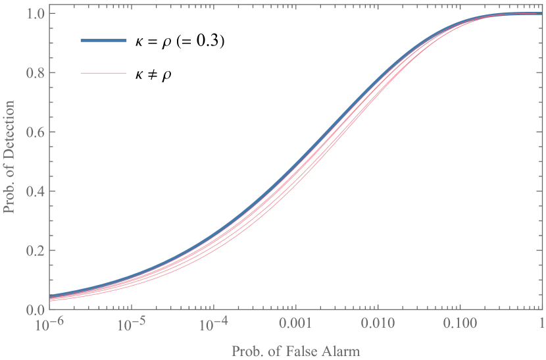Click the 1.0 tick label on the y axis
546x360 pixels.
(35, 13)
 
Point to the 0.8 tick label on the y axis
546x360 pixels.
(35, 73)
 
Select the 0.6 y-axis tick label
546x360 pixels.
(35, 132)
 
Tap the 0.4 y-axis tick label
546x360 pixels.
(35, 192)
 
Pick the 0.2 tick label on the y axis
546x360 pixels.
(35, 251)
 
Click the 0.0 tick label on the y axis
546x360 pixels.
(35, 309)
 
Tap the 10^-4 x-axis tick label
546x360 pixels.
(213, 323)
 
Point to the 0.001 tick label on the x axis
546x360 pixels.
(295, 324)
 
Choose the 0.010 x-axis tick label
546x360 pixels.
(376, 324)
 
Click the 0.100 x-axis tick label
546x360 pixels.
(459, 324)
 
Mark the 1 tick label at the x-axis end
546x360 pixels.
(541, 324)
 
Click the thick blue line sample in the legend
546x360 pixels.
(103, 41)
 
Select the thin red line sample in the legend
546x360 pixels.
(103, 72)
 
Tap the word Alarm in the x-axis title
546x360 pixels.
(341, 351)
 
